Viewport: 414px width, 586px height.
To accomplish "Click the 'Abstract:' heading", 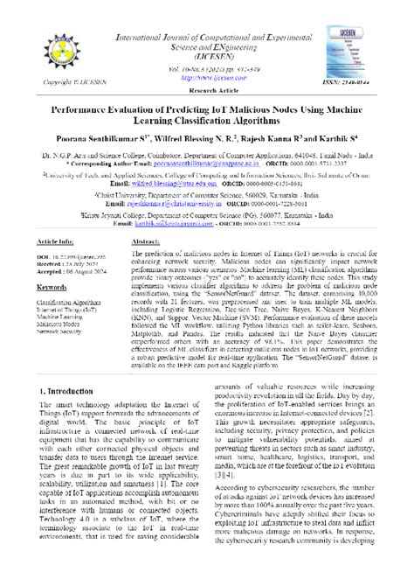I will (x=146, y=239).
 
